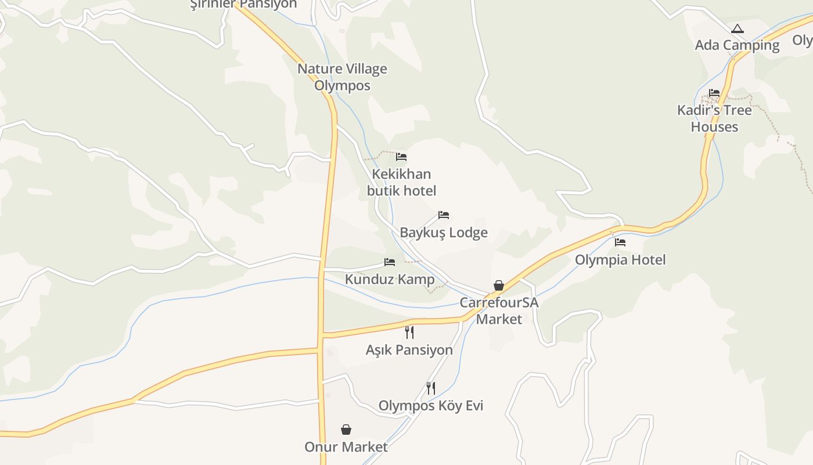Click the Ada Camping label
click(737, 45)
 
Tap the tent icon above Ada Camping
click(737, 28)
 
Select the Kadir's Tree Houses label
click(714, 119)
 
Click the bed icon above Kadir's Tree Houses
click(714, 93)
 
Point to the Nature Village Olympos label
click(342, 77)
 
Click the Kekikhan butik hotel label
click(401, 183)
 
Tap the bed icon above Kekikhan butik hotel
click(401, 157)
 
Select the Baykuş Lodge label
click(444, 233)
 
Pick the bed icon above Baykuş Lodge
click(444, 215)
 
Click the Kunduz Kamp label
click(390, 280)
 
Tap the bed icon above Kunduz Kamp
click(390, 262)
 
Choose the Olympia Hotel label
click(620, 260)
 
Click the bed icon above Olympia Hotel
click(620, 242)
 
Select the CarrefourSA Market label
click(499, 311)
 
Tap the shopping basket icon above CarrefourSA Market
click(499, 285)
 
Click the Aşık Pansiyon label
click(409, 350)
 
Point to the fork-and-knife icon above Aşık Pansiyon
click(409, 332)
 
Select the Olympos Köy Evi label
click(431, 406)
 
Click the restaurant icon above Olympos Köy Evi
click(431, 388)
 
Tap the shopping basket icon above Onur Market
click(346, 430)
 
